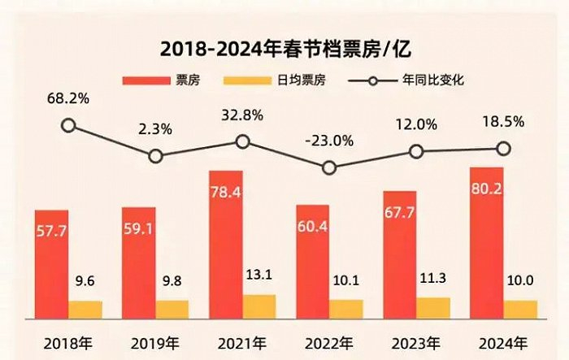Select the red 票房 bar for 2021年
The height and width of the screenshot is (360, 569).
(x=226, y=244)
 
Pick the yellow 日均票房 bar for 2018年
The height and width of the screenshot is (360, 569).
(x=85, y=309)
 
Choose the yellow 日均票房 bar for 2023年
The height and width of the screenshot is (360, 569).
(x=433, y=307)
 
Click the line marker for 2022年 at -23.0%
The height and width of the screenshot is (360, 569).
(x=329, y=168)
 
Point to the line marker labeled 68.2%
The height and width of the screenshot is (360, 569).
(x=69, y=125)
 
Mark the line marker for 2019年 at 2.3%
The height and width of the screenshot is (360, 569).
(x=156, y=155)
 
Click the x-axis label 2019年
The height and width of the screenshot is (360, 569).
(x=155, y=340)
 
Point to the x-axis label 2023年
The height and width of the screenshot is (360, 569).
(x=416, y=340)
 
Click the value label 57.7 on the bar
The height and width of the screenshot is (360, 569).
(x=52, y=231)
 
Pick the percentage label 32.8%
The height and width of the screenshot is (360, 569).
(x=242, y=115)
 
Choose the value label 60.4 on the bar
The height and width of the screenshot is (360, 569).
(x=312, y=224)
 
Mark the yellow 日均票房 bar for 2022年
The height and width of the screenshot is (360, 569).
(x=346, y=308)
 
